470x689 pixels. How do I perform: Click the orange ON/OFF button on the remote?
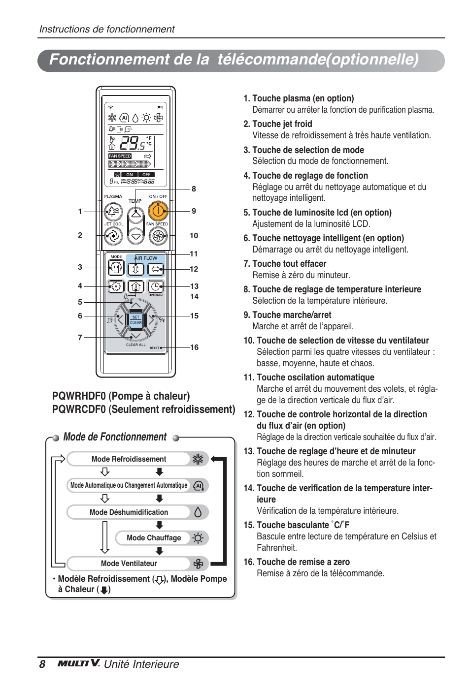tap(158, 212)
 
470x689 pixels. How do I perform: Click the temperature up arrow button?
tap(136, 214)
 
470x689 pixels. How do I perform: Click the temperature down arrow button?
tap(136, 236)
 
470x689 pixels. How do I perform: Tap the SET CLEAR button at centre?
tap(136, 320)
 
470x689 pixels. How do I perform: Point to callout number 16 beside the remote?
tap(195, 347)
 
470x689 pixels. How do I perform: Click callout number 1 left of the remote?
tap(80, 212)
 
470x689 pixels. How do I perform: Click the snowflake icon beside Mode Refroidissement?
tap(198, 459)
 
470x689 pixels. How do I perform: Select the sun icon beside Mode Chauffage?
tap(198, 538)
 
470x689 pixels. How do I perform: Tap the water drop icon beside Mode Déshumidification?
tap(198, 512)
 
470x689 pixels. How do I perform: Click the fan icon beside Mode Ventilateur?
tap(198, 564)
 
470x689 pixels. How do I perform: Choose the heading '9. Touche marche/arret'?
tap(287, 315)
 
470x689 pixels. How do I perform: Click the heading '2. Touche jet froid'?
tap(278, 124)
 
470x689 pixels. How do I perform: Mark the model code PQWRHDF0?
tap(79, 396)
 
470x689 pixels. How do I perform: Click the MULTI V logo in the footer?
tap(79, 663)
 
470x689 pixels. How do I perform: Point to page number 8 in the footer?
tap(42, 664)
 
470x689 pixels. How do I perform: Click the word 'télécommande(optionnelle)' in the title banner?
tap(318, 60)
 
